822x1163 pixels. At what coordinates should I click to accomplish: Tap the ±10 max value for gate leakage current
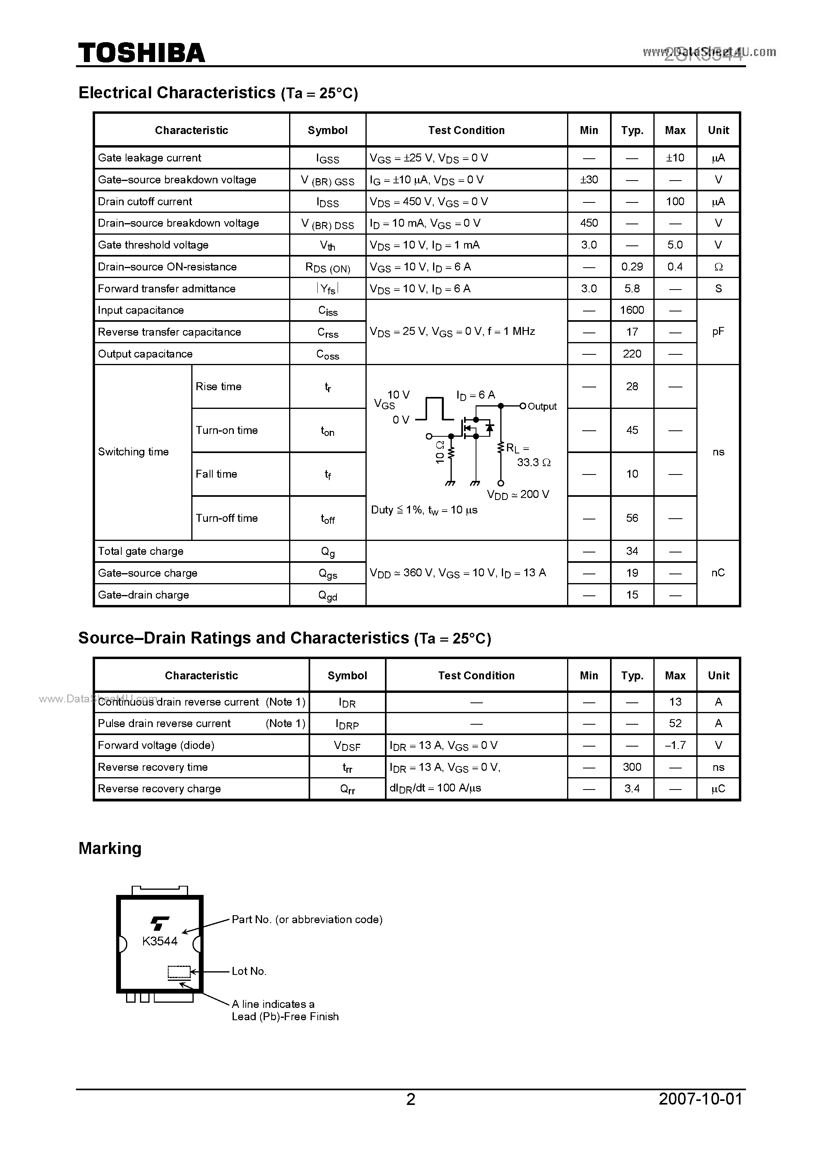coord(675,158)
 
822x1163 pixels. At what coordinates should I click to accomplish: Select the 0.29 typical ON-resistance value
coord(632,267)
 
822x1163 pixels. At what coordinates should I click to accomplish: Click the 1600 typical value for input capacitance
coord(632,310)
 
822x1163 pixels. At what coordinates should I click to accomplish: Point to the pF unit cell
coord(718,332)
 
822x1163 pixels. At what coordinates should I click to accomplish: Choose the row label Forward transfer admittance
coord(167,289)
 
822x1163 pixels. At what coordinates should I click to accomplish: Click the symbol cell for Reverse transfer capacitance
coord(328,332)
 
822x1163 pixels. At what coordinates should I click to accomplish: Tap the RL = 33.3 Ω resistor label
coord(527,455)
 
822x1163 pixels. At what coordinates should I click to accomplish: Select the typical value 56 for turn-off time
coord(632,518)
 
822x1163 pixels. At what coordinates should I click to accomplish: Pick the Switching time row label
coord(133,452)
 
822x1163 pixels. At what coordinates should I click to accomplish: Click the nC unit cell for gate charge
coord(718,573)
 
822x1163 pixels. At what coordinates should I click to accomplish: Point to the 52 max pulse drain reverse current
coord(675,723)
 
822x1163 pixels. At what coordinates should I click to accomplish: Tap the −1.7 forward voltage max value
coord(675,745)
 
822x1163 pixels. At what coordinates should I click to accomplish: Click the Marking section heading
coord(110,848)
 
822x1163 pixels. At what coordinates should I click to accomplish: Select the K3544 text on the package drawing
coord(159,941)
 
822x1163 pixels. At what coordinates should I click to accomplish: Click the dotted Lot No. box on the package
coord(179,972)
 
